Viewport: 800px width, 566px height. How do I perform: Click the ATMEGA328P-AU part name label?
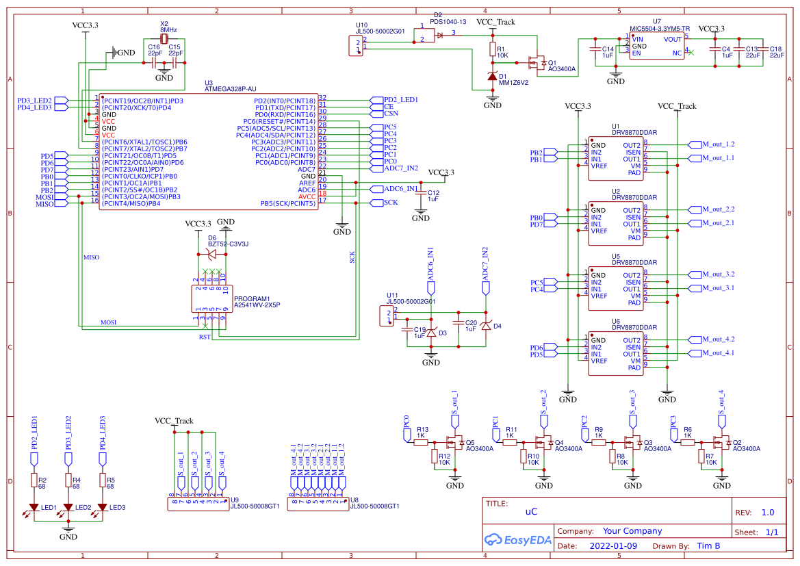pos(231,89)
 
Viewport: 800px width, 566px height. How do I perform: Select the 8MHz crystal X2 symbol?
pos(164,39)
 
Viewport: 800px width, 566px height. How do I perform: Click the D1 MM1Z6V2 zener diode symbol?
pos(492,77)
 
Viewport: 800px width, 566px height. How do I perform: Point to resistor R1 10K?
pos(492,49)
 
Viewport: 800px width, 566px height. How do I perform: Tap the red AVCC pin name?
pos(307,196)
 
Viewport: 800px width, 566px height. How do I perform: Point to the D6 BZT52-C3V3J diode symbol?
pos(212,254)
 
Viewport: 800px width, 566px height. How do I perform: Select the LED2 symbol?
pos(68,507)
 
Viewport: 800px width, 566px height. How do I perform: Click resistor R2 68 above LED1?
pos(34,481)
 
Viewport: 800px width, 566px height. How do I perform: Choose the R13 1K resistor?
pos(422,442)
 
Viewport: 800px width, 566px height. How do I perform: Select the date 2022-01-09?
pos(613,546)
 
